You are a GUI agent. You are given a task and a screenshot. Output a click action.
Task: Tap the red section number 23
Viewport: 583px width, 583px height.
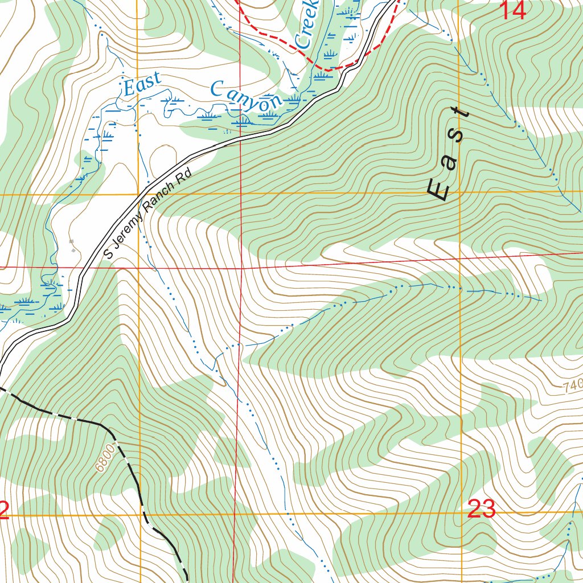pos(481,508)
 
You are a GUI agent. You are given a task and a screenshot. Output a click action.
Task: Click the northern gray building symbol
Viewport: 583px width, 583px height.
pos(71,242)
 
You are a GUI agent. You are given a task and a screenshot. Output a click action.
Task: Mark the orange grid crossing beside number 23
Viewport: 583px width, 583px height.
pos(460,514)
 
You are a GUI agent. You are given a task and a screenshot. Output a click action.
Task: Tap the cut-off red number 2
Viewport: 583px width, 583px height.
pos(3,510)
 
